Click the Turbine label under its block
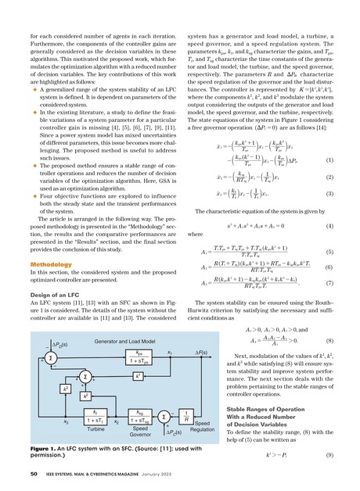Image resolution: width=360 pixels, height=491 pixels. (74, 428)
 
